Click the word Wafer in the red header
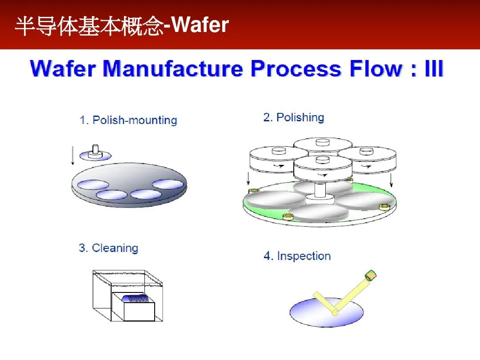pos(200,25)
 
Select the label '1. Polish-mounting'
pos(128,120)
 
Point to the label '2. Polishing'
pos(294,117)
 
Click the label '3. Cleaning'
pos(108,248)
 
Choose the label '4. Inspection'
pos(297,256)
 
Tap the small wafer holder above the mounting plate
pos(95,154)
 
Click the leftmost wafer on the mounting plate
pos(93,184)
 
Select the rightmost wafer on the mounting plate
pos(168,184)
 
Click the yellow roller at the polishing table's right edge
pos(384,207)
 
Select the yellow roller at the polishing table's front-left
pos(288,217)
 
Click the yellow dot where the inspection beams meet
pos(335,313)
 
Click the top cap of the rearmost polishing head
pos(323,142)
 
